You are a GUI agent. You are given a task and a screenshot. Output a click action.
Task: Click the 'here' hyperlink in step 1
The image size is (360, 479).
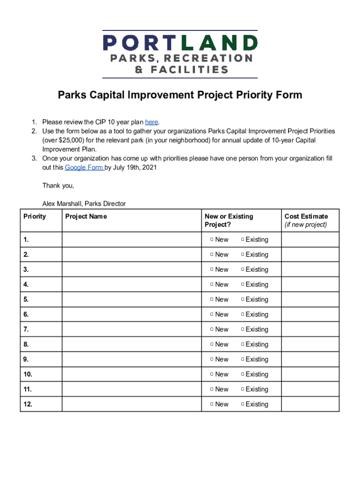[x=151, y=122]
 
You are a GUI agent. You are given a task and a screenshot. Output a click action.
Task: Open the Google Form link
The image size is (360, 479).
[x=84, y=167]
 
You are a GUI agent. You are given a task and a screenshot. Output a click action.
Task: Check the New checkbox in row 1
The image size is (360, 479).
[x=212, y=239]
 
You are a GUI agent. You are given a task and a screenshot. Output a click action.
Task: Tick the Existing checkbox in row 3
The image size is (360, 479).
[x=243, y=269]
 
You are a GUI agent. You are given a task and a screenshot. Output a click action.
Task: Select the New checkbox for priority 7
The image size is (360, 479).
[x=212, y=329]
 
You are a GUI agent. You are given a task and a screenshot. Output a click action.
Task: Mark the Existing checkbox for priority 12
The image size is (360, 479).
[x=243, y=404]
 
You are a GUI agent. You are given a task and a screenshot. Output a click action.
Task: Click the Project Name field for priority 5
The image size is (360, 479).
[x=132, y=299]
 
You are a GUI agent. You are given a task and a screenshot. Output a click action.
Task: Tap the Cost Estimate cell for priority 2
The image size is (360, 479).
[x=310, y=254]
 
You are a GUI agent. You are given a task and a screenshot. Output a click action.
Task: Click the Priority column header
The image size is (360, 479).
[x=35, y=216]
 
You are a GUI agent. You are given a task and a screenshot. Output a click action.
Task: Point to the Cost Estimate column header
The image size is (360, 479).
[x=306, y=216]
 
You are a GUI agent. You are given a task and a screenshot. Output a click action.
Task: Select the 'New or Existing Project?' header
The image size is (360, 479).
[x=229, y=220]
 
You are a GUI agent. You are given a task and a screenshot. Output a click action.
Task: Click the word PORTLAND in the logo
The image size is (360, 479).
[x=180, y=44]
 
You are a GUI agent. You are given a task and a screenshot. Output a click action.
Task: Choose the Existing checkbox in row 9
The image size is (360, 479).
[x=243, y=359]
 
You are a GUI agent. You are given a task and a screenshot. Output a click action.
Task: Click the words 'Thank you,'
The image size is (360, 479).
[x=58, y=186]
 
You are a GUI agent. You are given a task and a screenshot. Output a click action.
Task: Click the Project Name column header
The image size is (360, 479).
[x=86, y=216]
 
